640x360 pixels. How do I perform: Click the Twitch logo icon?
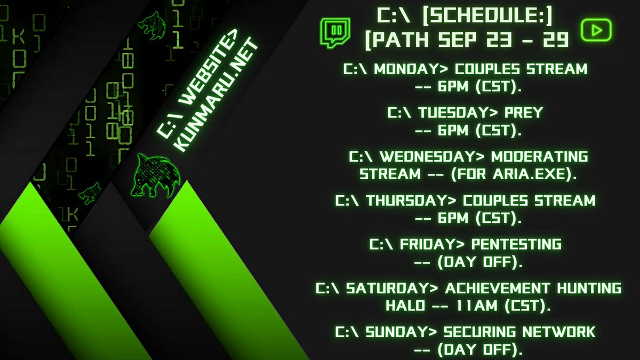(x=335, y=33)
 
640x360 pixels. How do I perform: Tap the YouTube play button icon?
(x=596, y=31)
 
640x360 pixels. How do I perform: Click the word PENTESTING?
(x=517, y=245)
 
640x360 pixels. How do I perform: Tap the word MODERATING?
(x=539, y=157)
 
